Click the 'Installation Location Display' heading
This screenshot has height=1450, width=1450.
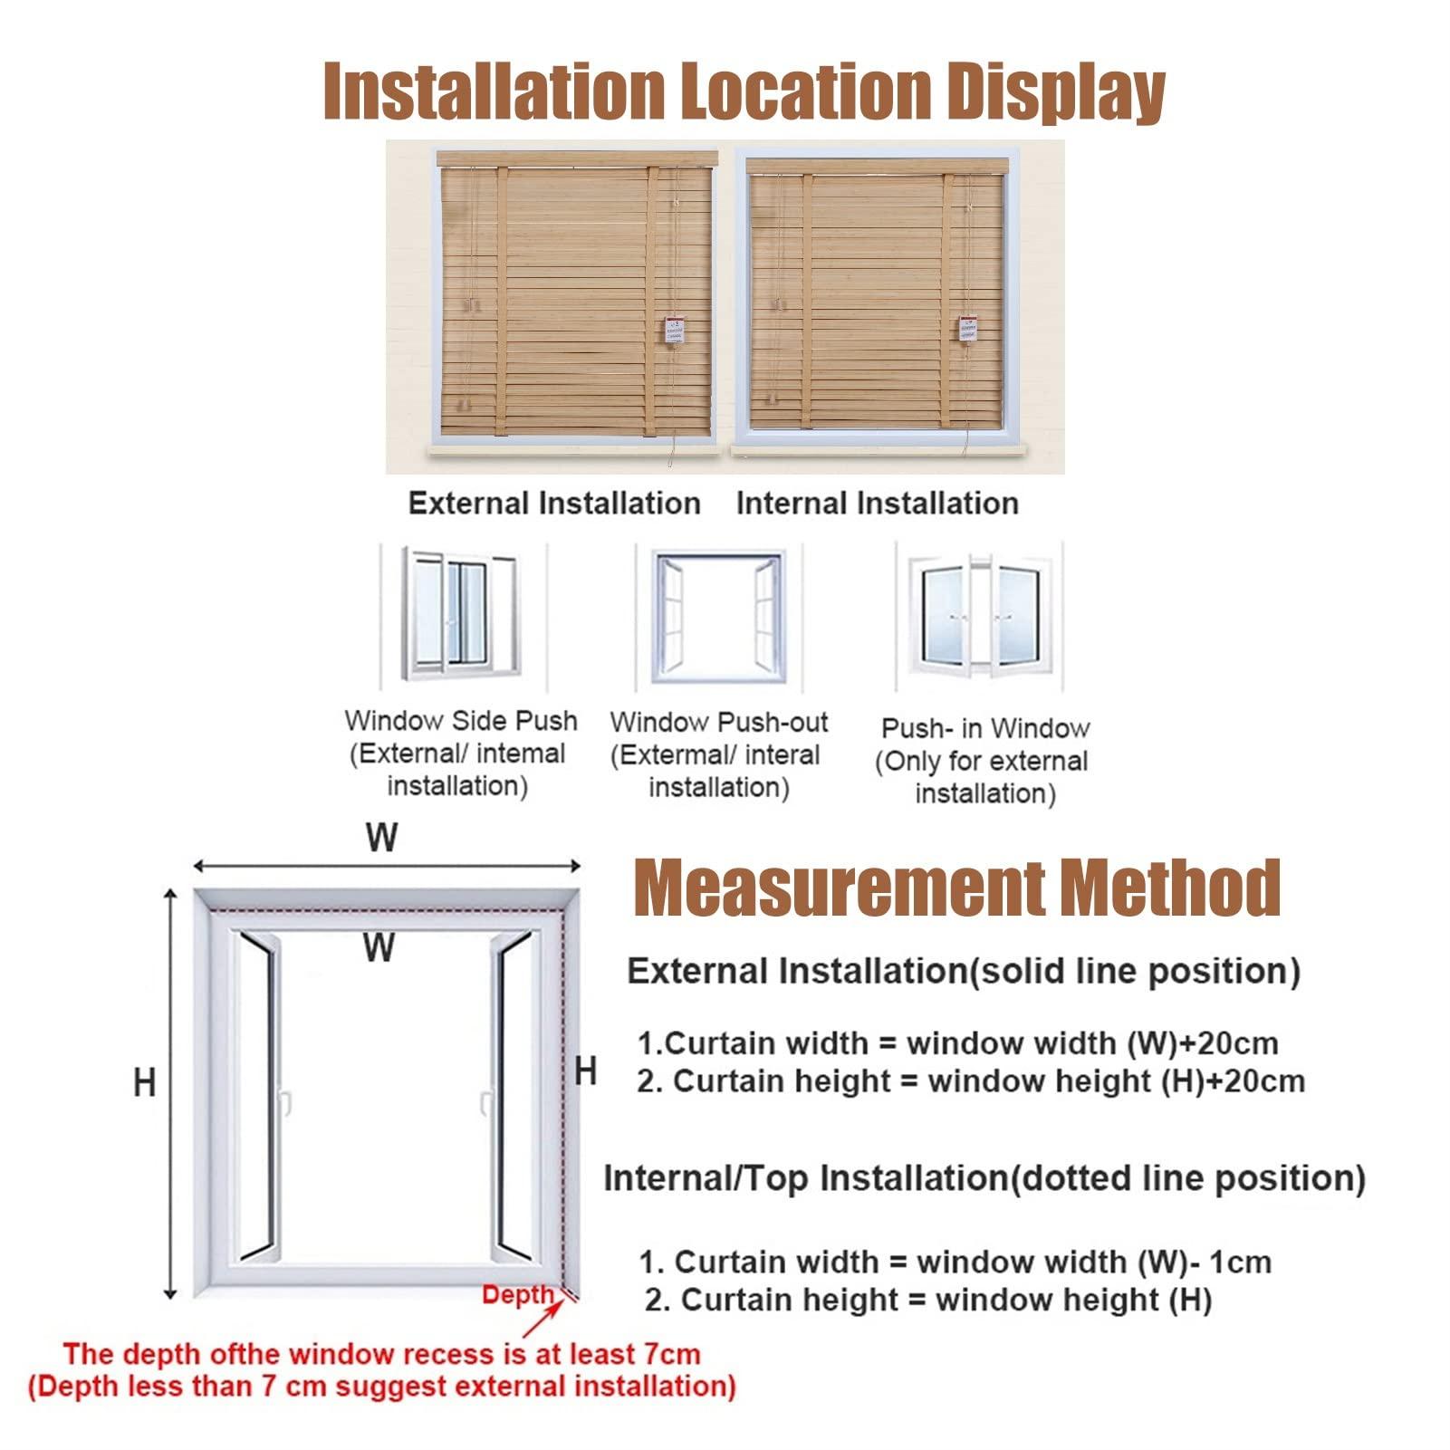click(744, 93)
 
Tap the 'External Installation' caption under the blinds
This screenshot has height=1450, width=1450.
click(554, 504)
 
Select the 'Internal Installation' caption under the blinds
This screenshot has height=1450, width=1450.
click(877, 504)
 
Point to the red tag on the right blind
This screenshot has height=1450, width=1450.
click(970, 330)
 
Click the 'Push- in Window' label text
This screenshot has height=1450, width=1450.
click(985, 729)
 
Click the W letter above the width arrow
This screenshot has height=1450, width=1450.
click(381, 838)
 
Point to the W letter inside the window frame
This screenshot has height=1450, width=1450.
click(379, 948)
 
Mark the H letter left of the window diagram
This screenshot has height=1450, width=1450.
click(145, 1082)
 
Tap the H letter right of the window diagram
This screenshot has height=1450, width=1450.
click(586, 1071)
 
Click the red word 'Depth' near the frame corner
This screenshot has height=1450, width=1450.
click(517, 1295)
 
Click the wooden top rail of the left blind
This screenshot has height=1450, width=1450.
click(576, 159)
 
